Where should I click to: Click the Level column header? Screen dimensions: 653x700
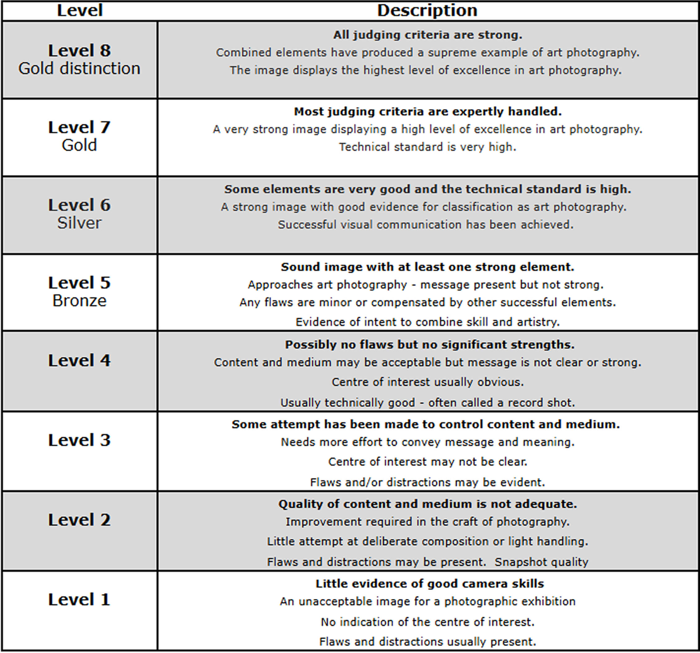tap(80, 10)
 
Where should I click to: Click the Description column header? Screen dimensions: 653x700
tap(427, 10)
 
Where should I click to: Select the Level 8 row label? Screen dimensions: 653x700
tap(80, 51)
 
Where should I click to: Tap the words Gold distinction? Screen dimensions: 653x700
tap(80, 69)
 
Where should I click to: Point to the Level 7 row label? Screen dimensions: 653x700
tap(80, 128)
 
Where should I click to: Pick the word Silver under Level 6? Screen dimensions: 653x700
tap(80, 223)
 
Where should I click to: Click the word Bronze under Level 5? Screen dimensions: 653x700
tap(80, 301)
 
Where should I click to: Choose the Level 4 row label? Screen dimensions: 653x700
tap(80, 361)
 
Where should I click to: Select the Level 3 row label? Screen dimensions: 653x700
tap(80, 440)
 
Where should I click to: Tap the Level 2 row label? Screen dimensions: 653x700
tap(80, 520)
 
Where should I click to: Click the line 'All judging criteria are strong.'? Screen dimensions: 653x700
tap(427, 35)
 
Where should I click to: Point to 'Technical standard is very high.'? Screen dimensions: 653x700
tap(427, 147)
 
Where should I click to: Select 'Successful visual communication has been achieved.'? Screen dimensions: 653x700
tap(426, 225)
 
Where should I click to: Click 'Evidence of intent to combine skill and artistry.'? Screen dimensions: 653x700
tap(427, 322)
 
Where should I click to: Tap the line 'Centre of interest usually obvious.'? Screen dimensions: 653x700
tap(427, 382)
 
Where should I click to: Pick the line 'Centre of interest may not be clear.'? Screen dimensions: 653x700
tap(427, 462)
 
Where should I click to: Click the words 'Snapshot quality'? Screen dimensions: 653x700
tap(541, 562)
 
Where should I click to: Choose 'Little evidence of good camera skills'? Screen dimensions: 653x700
tap(430, 584)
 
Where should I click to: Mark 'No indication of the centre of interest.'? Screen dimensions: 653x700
tap(427, 622)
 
